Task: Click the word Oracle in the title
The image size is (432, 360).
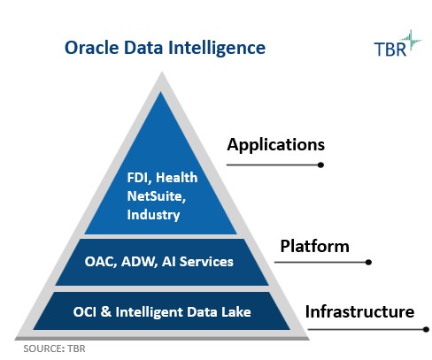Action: tap(92, 48)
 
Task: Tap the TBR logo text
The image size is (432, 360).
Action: tap(390, 49)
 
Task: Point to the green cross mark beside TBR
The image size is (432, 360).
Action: tap(412, 42)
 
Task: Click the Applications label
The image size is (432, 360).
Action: tap(276, 145)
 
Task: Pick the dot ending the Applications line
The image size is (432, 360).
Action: tap(321, 165)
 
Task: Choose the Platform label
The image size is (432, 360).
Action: tap(315, 246)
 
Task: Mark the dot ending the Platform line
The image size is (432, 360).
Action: tap(368, 262)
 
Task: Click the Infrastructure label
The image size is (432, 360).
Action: tap(359, 311)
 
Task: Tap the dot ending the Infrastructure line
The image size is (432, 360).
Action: tap(426, 329)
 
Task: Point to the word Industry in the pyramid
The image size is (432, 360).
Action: tap(153, 215)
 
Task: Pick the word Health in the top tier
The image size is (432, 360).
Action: tap(176, 178)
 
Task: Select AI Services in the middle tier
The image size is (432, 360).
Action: tap(197, 262)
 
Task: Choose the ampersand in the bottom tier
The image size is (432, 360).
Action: tap(106, 312)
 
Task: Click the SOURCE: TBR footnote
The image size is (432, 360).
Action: tap(54, 349)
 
